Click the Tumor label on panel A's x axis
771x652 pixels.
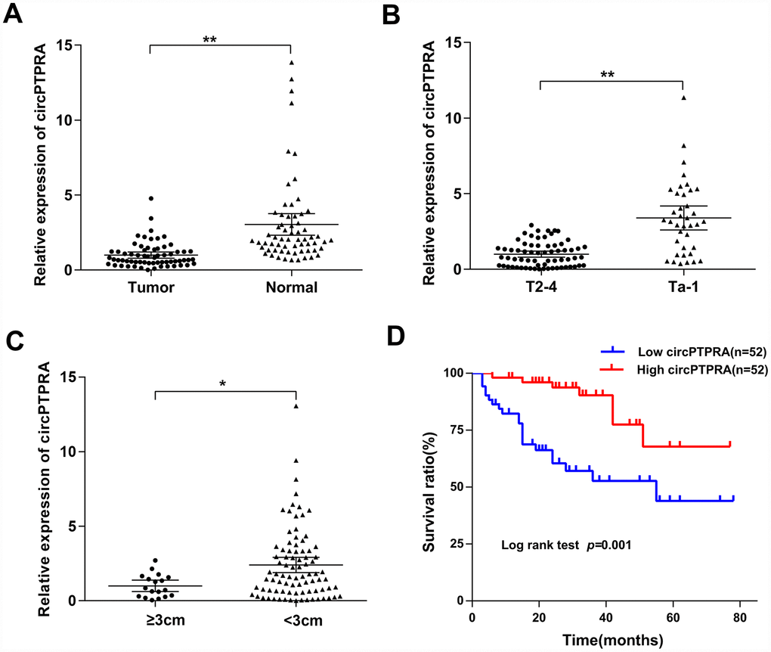(x=150, y=288)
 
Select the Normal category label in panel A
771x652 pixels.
(x=291, y=288)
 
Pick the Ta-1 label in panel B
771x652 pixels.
(x=683, y=288)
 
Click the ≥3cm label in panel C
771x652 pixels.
(x=155, y=619)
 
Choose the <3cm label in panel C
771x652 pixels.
(x=296, y=619)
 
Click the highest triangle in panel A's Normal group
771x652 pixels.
(x=291, y=63)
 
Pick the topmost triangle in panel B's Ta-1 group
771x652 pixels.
(x=683, y=98)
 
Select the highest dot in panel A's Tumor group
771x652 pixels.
(x=151, y=198)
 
